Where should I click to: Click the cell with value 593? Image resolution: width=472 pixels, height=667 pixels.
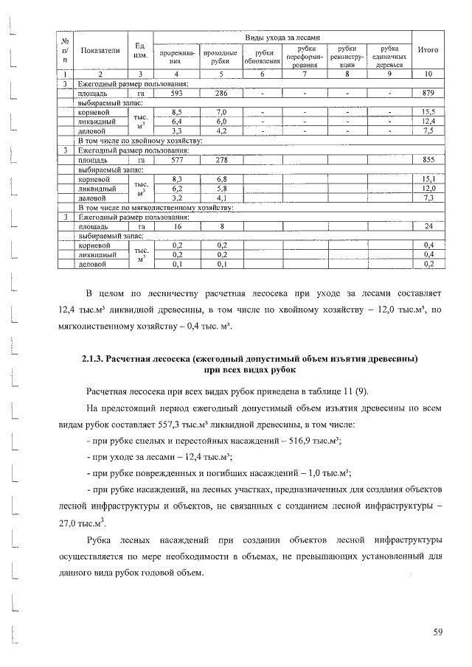[x=176, y=94]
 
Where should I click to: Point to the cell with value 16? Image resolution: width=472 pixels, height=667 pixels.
[x=176, y=226]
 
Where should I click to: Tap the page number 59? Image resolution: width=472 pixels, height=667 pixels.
[x=437, y=632]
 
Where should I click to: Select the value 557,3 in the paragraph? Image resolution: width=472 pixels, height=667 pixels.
[x=203, y=427]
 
